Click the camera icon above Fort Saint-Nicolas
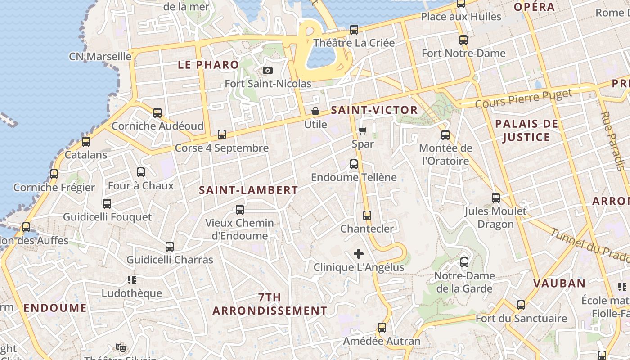(x=267, y=71)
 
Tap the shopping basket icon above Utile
(x=315, y=111)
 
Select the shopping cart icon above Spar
(x=363, y=131)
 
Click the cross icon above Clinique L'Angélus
(x=359, y=254)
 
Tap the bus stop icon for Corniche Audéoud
(x=157, y=113)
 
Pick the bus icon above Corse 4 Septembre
(x=221, y=135)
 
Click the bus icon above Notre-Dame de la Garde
(x=464, y=262)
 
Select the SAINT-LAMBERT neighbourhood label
(x=248, y=190)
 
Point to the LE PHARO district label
(x=208, y=65)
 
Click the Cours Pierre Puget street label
(x=523, y=99)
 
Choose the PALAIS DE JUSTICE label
(x=526, y=130)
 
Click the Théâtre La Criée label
(x=354, y=43)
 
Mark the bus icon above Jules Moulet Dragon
(x=495, y=198)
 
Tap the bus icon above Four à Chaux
(x=141, y=172)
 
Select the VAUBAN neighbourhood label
(x=559, y=283)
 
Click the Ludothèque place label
(x=131, y=293)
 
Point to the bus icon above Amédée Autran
(x=382, y=328)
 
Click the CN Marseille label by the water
(x=100, y=57)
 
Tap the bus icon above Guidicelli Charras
(x=170, y=247)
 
